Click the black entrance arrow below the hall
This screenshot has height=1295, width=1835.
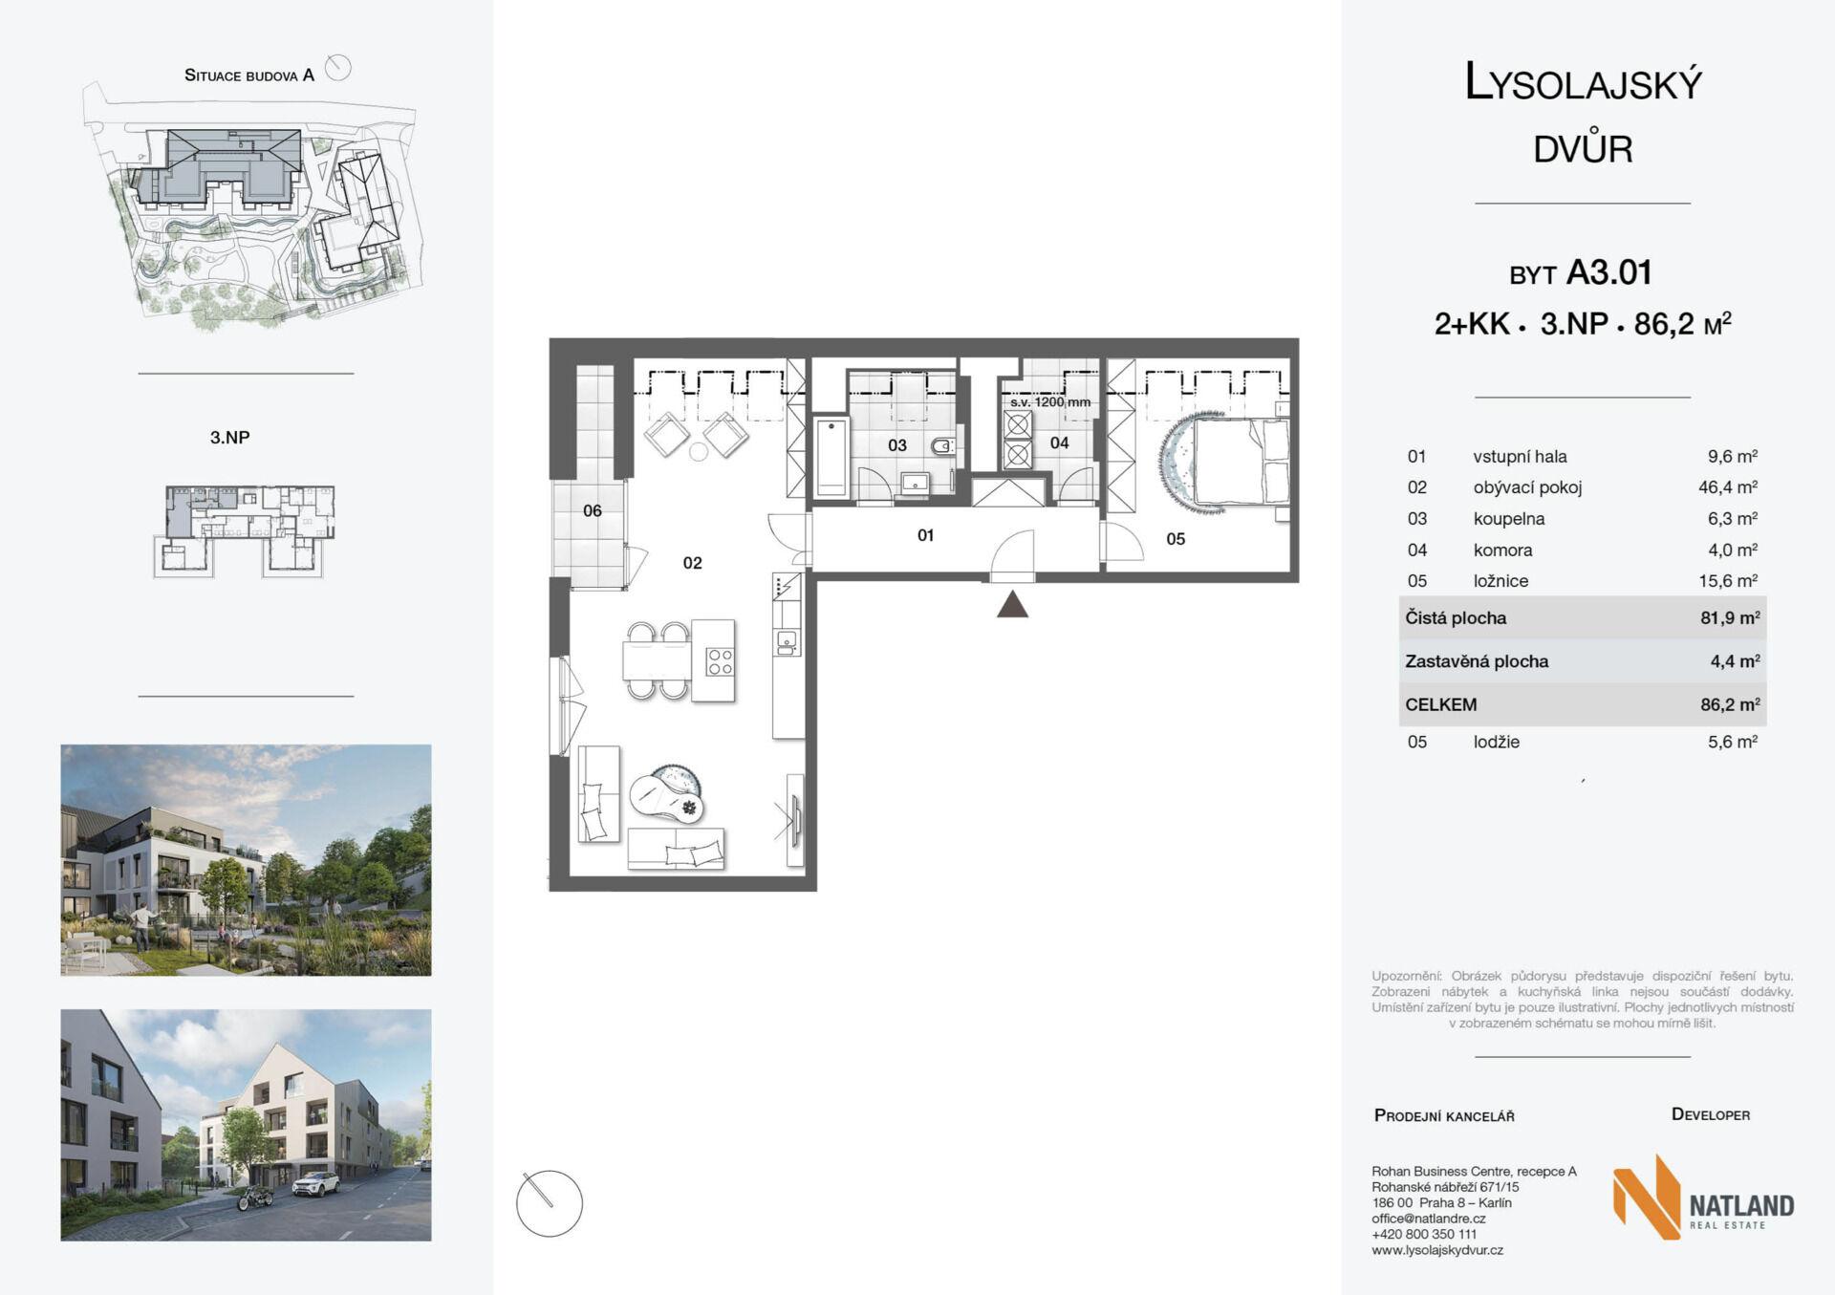click(1012, 604)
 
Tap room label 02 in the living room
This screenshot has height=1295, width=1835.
click(692, 563)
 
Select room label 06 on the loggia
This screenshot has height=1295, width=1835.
click(593, 510)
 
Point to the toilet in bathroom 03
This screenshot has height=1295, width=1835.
click(942, 445)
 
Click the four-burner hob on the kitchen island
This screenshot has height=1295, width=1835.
click(720, 661)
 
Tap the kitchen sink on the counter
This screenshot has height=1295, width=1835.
click(787, 641)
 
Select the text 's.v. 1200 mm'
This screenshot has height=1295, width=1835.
click(1050, 402)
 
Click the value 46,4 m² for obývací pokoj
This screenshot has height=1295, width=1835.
click(1728, 486)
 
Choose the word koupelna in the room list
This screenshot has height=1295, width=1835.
click(1509, 518)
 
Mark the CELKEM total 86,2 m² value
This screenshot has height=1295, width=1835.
click(1730, 704)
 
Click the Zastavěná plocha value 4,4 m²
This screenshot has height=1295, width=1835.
click(1736, 660)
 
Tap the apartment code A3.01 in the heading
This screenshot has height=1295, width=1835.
click(1609, 272)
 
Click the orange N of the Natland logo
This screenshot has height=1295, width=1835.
click(1647, 1198)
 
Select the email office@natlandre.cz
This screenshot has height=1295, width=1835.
click(1429, 1219)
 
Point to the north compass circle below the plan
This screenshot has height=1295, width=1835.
click(550, 1203)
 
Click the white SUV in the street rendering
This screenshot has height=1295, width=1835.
click(315, 1185)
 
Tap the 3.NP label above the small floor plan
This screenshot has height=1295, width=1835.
click(230, 438)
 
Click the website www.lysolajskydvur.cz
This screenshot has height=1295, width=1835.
click(1437, 1250)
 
